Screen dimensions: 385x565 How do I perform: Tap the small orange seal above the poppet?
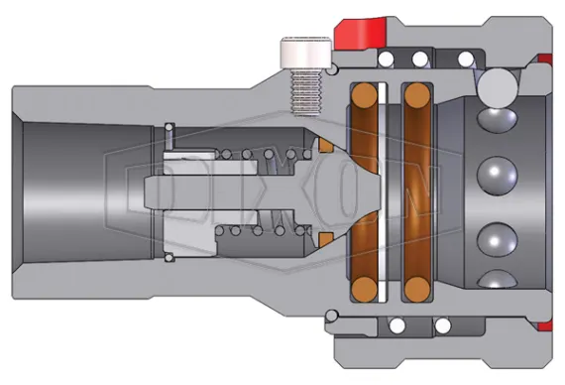coord(324,147)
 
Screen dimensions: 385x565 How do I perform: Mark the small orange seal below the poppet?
coord(324,237)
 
